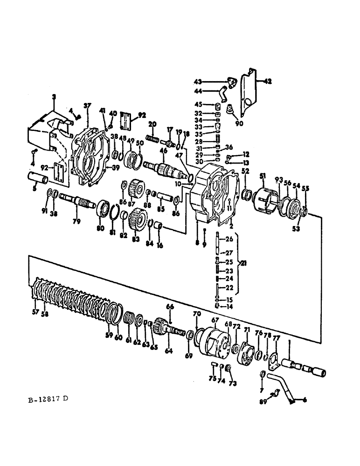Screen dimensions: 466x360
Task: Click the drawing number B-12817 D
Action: point(48,399)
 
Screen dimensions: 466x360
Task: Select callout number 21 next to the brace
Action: point(242,263)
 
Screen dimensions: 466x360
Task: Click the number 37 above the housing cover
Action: point(87,105)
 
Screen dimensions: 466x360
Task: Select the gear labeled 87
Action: point(137,188)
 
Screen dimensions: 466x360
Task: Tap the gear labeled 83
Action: point(138,218)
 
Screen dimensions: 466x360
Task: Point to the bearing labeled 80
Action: point(102,207)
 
